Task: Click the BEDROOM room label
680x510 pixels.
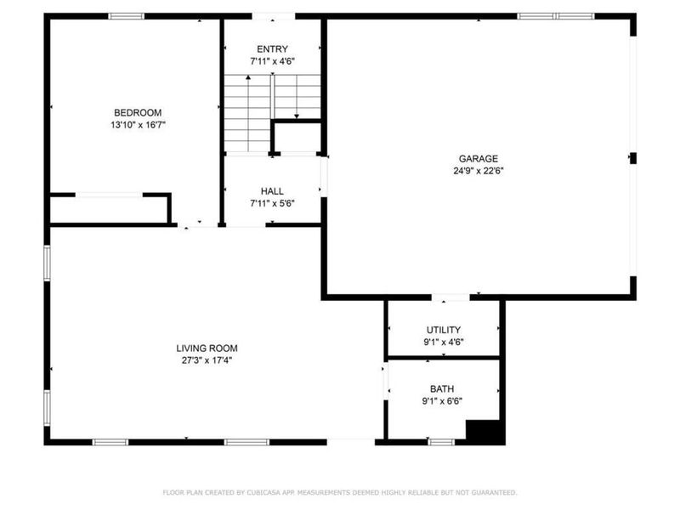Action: click(138, 113)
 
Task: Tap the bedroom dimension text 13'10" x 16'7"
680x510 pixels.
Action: click(138, 125)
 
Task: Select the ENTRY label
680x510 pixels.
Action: click(272, 49)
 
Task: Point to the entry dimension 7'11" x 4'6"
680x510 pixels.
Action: click(272, 61)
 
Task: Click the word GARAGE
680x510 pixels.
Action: click(479, 158)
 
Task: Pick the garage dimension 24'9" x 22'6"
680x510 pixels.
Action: click(479, 170)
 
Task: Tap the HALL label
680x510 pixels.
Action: click(272, 191)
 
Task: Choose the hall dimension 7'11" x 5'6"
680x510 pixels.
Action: click(272, 203)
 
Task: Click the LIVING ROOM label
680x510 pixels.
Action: click(207, 348)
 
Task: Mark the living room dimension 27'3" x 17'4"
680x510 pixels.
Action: click(207, 360)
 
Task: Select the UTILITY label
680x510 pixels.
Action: click(443, 330)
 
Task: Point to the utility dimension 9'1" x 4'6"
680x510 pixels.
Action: click(443, 342)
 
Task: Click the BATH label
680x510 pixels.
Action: click(442, 388)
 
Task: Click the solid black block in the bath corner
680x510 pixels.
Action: click(484, 431)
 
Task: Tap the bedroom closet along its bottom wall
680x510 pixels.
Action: click(109, 209)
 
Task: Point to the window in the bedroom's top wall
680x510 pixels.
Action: click(126, 15)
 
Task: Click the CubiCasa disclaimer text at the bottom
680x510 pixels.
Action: click(339, 492)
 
